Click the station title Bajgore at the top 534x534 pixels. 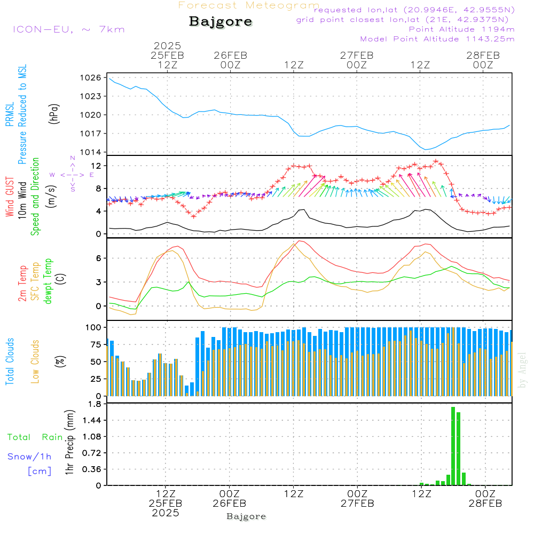tap(221, 22)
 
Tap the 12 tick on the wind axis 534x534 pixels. tap(97, 166)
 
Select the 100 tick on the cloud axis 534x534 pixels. tap(94, 327)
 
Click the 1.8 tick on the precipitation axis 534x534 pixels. tap(95, 404)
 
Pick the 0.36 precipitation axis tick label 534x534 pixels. tap(92, 469)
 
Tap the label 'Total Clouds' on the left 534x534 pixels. tap(10, 362)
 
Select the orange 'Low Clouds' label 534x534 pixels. tap(35, 361)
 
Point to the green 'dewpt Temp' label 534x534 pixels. tap(48, 281)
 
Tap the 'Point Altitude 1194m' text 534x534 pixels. tap(461, 29)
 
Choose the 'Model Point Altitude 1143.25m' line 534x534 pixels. tap(437, 39)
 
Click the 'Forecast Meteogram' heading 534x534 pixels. tap(249, 5)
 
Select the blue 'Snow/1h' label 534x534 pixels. tap(30, 457)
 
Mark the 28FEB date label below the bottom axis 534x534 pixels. tap(485, 504)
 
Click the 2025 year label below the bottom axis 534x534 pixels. tap(165, 513)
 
